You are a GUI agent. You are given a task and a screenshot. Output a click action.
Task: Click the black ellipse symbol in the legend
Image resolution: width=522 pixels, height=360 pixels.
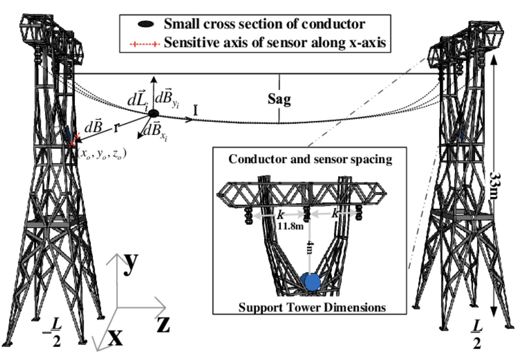146,25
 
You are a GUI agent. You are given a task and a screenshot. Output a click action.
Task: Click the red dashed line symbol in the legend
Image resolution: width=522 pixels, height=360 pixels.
145,44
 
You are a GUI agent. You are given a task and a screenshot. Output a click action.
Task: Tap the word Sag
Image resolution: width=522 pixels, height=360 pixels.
279,99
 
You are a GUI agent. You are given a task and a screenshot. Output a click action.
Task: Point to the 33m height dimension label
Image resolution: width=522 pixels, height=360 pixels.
494,185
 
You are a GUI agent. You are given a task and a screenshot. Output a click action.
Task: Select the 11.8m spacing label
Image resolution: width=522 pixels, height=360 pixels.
290,226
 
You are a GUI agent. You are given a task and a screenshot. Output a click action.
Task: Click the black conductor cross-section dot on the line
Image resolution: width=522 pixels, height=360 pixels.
153,113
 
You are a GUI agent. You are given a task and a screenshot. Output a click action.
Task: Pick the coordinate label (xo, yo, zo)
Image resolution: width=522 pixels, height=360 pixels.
102,154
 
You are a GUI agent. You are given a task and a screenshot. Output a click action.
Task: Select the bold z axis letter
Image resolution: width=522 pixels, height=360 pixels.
163,324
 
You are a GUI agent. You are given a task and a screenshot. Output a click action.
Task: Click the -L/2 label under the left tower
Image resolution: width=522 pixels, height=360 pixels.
53,332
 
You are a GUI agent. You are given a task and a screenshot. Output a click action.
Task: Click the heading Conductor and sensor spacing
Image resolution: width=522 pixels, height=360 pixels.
310,159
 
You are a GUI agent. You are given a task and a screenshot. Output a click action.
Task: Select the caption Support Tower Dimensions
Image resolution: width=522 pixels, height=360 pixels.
312,307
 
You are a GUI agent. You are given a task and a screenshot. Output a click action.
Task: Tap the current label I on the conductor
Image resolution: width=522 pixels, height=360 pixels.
195,111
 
